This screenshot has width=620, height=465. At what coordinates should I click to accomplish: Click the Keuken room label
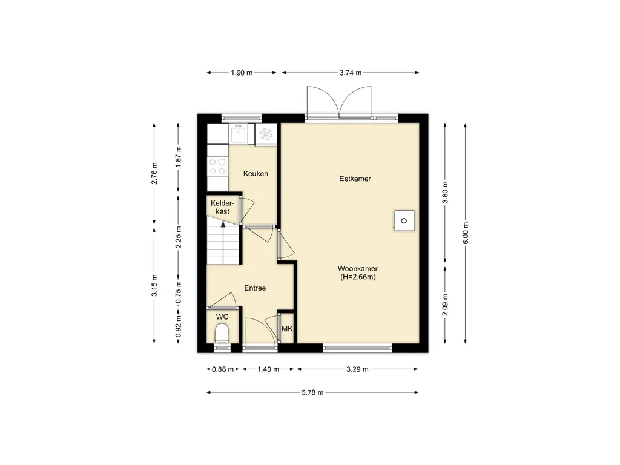(256, 174)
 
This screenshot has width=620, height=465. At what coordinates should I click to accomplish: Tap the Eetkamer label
(355, 179)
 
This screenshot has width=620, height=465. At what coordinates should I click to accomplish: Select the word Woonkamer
(357, 269)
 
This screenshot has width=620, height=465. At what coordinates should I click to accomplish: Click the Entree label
(255, 288)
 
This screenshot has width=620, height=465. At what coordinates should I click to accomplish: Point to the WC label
(222, 317)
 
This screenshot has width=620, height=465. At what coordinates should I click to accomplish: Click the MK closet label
(287, 329)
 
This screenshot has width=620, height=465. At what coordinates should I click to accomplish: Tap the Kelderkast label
(222, 208)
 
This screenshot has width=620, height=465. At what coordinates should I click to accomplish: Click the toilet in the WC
(222, 334)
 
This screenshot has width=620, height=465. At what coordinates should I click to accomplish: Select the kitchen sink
(237, 134)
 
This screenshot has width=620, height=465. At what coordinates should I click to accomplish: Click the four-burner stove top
(217, 167)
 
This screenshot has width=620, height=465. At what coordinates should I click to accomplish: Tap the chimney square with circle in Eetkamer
(404, 220)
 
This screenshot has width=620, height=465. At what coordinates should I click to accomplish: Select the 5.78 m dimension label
(312, 392)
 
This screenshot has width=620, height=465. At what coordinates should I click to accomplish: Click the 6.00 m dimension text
(466, 233)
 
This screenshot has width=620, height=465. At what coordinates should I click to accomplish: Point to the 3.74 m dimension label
(351, 73)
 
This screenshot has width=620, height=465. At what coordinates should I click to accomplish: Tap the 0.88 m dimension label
(223, 369)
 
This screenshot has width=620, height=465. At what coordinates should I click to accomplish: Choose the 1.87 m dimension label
(179, 157)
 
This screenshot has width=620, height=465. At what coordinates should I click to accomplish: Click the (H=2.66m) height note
(358, 277)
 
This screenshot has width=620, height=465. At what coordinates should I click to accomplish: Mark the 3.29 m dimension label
(357, 369)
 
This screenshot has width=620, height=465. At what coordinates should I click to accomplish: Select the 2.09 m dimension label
(445, 305)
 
